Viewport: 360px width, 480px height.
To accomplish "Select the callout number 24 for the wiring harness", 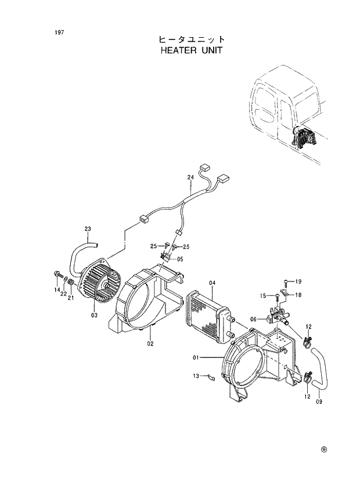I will pyautogui.click(x=190, y=176).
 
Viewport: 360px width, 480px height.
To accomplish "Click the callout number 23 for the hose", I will pyautogui.click(x=88, y=229).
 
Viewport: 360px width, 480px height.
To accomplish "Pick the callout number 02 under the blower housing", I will pyautogui.click(x=150, y=344).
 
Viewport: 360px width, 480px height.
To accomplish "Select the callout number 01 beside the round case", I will pyautogui.click(x=196, y=357).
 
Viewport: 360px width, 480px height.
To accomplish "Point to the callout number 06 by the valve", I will pyautogui.click(x=254, y=319).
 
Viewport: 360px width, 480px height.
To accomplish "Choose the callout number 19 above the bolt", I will pyautogui.click(x=298, y=281).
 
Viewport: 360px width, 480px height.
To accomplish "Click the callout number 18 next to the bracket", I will pyautogui.click(x=298, y=295).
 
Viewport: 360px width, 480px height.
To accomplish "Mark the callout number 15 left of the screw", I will pyautogui.click(x=263, y=296).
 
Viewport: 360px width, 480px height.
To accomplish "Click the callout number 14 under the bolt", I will pyautogui.click(x=57, y=290).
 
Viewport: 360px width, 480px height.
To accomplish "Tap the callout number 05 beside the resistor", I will pyautogui.click(x=180, y=259).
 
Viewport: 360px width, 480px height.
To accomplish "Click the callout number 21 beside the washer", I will pyautogui.click(x=71, y=298).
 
